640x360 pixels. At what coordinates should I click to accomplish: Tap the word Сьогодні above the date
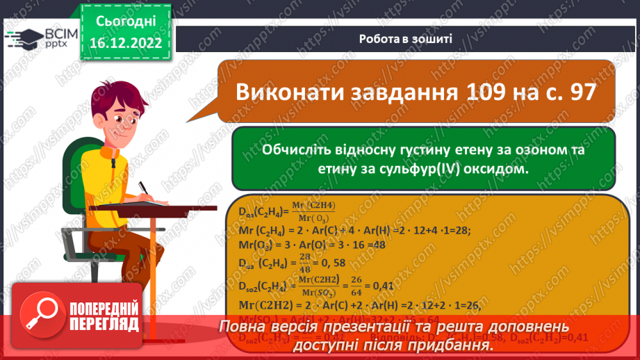[x=125, y=22]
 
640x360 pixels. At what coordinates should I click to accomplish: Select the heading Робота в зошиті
[x=407, y=39]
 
